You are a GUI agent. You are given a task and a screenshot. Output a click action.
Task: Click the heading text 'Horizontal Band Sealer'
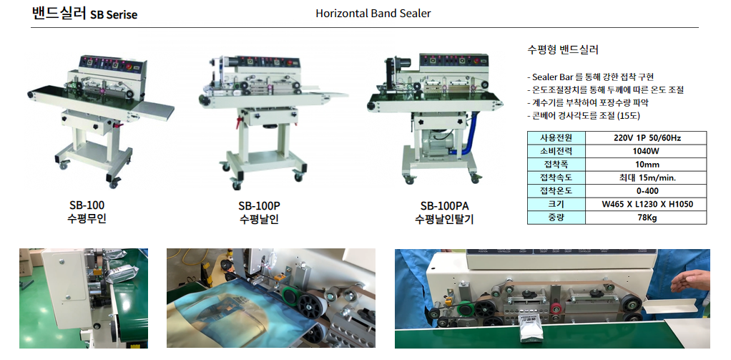click(x=373, y=13)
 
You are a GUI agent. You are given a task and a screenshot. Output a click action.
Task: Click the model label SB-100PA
click(x=443, y=206)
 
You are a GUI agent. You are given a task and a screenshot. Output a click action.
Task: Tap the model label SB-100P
click(x=259, y=205)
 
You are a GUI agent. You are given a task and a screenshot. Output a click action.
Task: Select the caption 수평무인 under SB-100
click(x=87, y=218)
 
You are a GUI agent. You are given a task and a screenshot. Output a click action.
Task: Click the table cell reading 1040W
click(x=646, y=151)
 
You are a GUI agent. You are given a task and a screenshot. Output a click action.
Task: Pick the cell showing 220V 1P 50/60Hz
click(x=646, y=138)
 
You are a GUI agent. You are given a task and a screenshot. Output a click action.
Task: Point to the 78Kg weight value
click(x=646, y=218)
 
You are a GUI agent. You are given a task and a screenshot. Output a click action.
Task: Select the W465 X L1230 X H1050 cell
click(x=646, y=204)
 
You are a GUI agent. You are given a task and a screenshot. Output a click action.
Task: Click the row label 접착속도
click(x=556, y=177)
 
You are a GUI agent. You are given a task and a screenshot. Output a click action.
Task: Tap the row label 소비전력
click(x=556, y=151)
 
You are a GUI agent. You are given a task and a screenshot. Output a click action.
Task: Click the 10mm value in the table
click(x=646, y=165)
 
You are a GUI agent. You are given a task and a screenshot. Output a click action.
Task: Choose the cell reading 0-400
click(x=646, y=191)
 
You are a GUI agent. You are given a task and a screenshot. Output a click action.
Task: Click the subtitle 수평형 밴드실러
click(x=563, y=50)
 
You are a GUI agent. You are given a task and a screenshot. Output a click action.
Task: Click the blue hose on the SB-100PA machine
click(x=471, y=135)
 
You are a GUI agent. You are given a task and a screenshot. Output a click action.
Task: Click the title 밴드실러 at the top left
click(x=59, y=13)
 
